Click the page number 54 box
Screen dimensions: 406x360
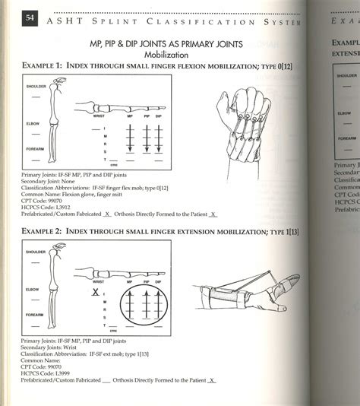click(x=31, y=21)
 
